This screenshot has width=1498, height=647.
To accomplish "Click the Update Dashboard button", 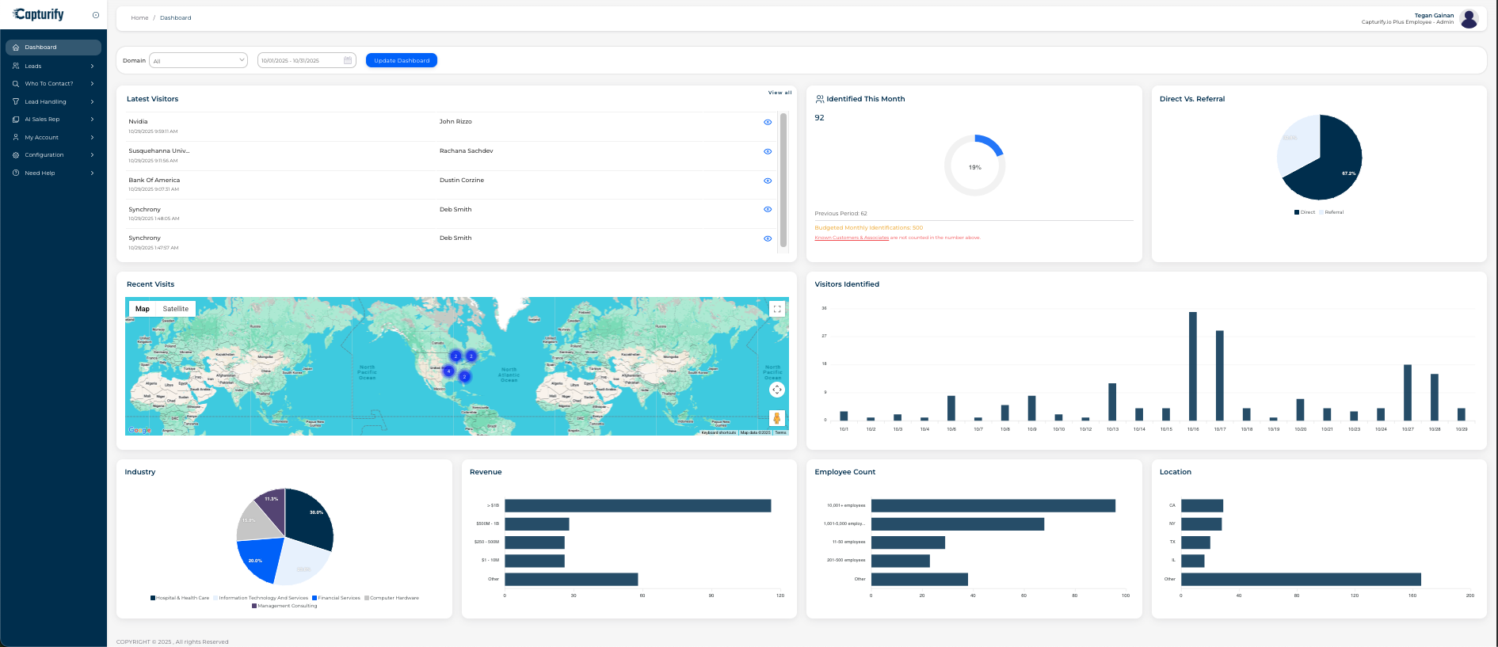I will pos(401,60).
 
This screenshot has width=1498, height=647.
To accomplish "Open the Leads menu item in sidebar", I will pos(33,66).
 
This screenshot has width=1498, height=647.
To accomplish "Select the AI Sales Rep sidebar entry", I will pos(42,120).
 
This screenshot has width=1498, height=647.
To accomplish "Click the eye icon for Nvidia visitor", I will pos(767,122).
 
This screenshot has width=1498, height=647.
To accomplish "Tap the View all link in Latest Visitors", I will pos(779,93).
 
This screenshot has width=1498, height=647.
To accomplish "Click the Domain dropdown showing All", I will pos(198,60).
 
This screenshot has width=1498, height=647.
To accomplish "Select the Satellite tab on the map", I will pos(176,309).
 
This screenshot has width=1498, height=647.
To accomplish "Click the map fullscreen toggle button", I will pos(777,309).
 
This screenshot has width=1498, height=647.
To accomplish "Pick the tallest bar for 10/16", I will pos(1192,366).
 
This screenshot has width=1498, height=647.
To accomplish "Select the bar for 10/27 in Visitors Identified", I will pos(1408,392).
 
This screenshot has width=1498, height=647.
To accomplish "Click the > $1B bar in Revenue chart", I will pos(638,505).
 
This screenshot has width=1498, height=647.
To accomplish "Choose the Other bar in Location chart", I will pos(1300,579).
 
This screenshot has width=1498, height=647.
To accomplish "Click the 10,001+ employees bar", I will pos(993,505).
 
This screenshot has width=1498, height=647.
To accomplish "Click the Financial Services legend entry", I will pos(338,598).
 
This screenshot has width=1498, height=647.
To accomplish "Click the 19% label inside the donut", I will pos(974,167).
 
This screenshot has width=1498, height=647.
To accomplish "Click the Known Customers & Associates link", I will pos(852,238).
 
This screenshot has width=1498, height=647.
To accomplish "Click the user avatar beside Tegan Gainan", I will pos(1469,18).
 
